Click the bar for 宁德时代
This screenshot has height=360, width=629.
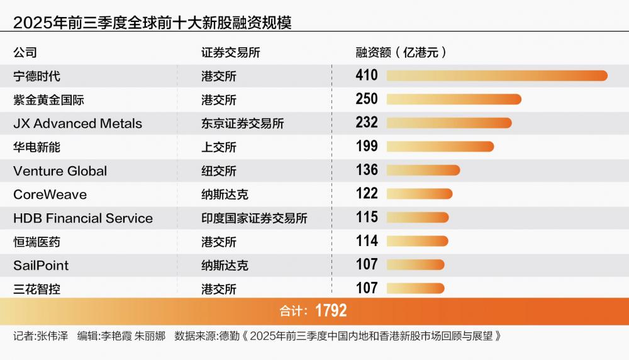497,76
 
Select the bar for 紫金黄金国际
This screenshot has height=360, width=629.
454,99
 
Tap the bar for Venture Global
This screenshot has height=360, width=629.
423,170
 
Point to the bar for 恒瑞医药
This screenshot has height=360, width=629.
417,241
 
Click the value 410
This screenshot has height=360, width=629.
367,76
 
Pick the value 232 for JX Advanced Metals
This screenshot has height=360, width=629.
367,123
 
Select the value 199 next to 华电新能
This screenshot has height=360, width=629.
367,147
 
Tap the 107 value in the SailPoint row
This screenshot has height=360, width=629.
367,265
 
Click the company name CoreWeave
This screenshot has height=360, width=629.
50,194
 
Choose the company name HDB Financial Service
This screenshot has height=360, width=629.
83,218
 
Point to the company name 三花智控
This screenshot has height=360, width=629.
37,289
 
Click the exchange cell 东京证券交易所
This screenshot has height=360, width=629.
242,123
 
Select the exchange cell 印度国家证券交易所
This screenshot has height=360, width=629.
254,218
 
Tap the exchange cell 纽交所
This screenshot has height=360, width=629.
219,171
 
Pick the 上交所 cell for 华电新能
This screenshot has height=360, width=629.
219,147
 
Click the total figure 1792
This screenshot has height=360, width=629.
331,310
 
